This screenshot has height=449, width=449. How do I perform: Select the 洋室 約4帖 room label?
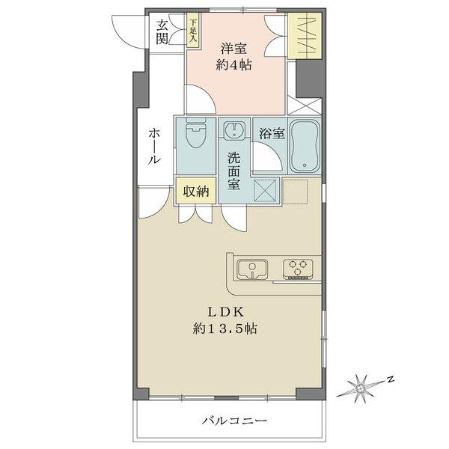tap(235, 57)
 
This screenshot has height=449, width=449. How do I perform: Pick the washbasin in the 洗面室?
tap(235, 132)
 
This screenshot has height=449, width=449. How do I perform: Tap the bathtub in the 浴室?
tap(305, 144)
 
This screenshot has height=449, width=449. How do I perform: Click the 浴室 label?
tap(270, 134)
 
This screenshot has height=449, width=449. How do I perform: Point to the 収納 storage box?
tap(196, 191)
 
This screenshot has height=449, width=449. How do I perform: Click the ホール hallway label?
tap(153, 146)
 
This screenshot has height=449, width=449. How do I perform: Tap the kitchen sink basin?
tap(251, 268)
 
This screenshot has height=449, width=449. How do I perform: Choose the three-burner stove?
tap(297, 268)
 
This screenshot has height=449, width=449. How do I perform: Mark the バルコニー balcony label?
tap(233, 421)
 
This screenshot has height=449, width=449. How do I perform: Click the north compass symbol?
tap(361, 388)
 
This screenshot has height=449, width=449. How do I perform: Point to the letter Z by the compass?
tap(390, 379)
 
